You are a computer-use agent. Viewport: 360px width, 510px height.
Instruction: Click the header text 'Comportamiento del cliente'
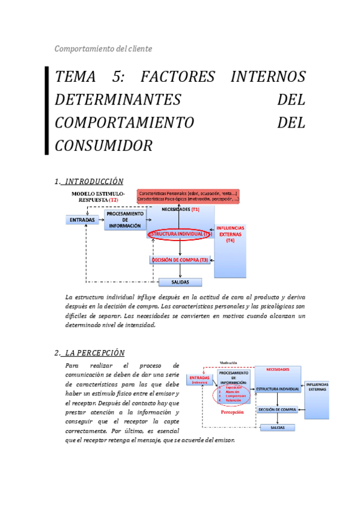pyautogui.click(x=103, y=49)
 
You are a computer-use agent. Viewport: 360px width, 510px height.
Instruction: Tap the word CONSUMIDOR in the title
pyautogui.click(x=103, y=146)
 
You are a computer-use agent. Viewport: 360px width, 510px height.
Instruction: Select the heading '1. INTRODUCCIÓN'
pyautogui.click(x=89, y=181)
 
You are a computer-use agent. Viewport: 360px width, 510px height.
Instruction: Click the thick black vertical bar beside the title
pyautogui.click(x=47, y=111)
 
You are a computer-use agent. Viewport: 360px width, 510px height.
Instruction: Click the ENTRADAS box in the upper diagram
pyautogui.click(x=82, y=221)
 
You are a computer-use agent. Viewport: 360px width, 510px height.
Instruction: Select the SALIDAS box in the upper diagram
pyautogui.click(x=180, y=282)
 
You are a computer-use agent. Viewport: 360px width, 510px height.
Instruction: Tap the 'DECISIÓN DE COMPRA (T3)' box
pyautogui.click(x=180, y=260)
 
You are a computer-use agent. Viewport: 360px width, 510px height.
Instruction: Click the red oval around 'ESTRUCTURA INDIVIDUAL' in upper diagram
pyautogui.click(x=179, y=234)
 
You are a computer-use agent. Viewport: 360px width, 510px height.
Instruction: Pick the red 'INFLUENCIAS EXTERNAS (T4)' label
pyautogui.click(x=230, y=234)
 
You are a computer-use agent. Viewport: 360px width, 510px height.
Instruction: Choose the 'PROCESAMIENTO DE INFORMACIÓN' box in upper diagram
pyautogui.click(x=124, y=220)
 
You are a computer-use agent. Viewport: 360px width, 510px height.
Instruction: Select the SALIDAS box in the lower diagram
pyautogui.click(x=277, y=428)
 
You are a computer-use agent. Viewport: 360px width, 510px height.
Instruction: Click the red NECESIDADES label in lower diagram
pyautogui.click(x=277, y=369)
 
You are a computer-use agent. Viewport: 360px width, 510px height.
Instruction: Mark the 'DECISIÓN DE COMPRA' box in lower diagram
pyautogui.click(x=277, y=410)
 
